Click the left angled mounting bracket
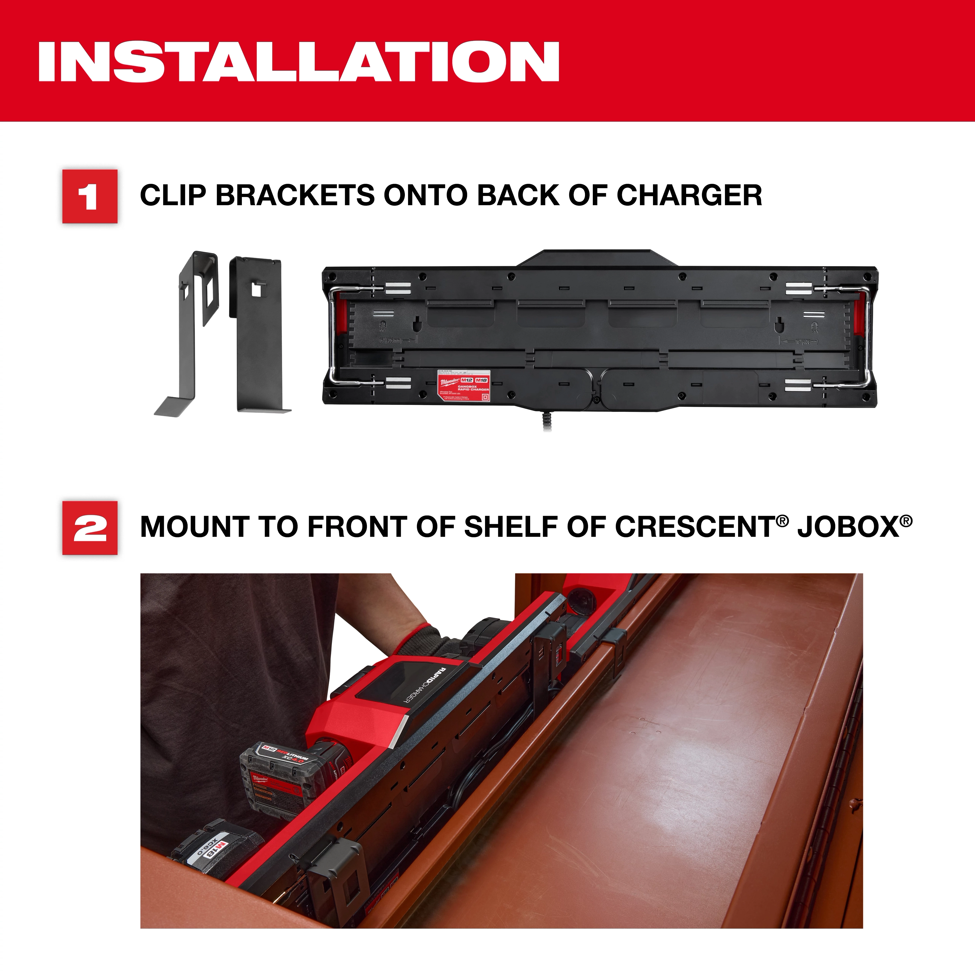(187, 333)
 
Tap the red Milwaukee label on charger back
(463, 385)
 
